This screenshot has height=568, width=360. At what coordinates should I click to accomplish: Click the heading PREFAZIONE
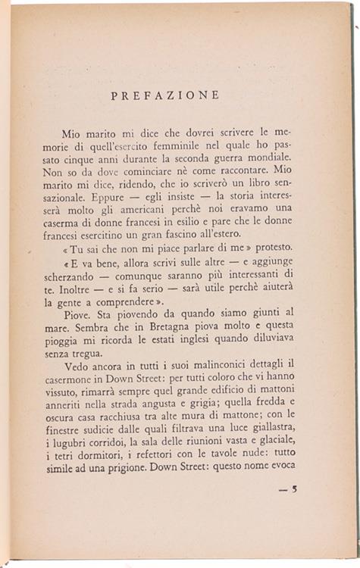[x=164, y=96]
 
